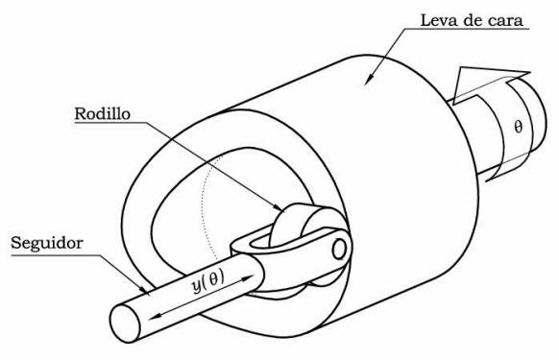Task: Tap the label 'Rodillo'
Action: coord(105,114)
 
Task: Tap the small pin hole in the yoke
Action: coord(339,248)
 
